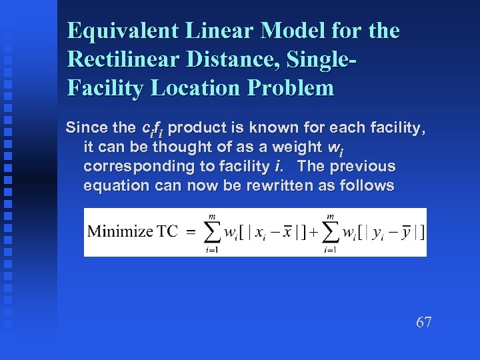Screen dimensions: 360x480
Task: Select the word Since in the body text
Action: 85,127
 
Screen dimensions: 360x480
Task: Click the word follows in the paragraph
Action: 367,185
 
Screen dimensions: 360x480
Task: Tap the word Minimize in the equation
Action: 119,232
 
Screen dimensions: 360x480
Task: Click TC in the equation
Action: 168,232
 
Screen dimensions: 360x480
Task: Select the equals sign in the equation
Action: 191,233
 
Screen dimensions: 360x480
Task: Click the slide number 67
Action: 424,323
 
